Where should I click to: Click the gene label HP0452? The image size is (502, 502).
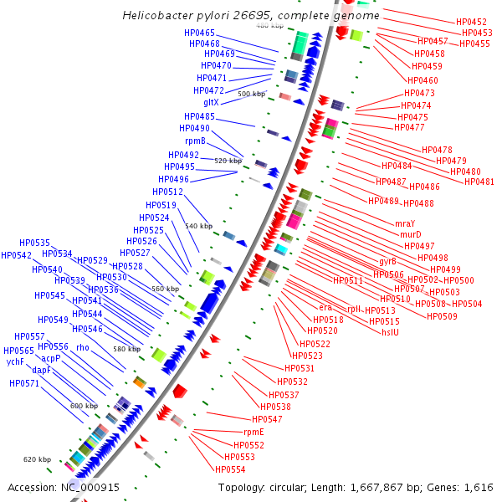coord(472,22)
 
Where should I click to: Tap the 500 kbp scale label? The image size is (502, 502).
coord(251,95)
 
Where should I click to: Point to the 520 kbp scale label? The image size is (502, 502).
coord(228,160)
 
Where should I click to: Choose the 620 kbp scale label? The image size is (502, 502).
coord(37,459)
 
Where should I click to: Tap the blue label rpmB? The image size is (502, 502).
coord(195,141)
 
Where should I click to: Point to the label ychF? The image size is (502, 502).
coord(15,362)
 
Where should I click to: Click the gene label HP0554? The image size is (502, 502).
coord(230,469)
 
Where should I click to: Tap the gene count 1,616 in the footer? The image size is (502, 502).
coord(478,487)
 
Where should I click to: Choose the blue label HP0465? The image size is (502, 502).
coord(199,33)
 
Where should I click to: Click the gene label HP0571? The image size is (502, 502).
coord(24,383)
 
